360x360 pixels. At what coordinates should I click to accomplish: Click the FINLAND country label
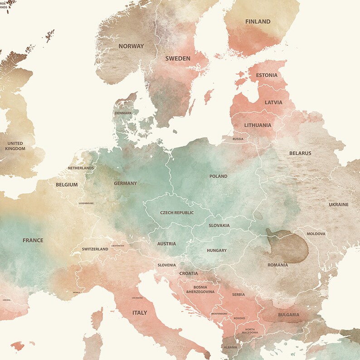(x=258, y=21)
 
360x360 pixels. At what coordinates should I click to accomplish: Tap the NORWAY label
(x=131, y=46)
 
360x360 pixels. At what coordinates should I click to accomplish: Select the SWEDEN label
(x=178, y=58)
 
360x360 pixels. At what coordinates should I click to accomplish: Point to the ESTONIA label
(x=267, y=75)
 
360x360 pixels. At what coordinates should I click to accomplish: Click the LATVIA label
(x=273, y=102)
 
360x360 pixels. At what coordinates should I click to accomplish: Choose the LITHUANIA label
(x=258, y=125)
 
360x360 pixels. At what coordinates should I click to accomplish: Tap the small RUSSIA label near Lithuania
(x=238, y=139)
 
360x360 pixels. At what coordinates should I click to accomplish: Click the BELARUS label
(x=300, y=153)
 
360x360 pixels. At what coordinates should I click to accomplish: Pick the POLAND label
(x=218, y=176)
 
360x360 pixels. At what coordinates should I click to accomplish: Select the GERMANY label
(x=125, y=184)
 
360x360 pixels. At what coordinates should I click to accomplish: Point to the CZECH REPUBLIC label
(x=177, y=213)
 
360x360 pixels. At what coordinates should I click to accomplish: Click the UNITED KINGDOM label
(x=15, y=146)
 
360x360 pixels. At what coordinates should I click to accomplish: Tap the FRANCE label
(x=33, y=240)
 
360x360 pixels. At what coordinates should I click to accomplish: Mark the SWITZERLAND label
(x=95, y=249)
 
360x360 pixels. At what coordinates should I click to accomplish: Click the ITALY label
(x=140, y=313)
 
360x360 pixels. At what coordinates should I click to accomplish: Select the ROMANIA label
(x=277, y=265)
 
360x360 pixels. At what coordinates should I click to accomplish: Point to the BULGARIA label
(x=288, y=315)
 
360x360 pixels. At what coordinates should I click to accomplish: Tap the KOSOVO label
(x=239, y=318)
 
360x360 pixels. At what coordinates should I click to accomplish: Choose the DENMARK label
(x=123, y=113)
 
